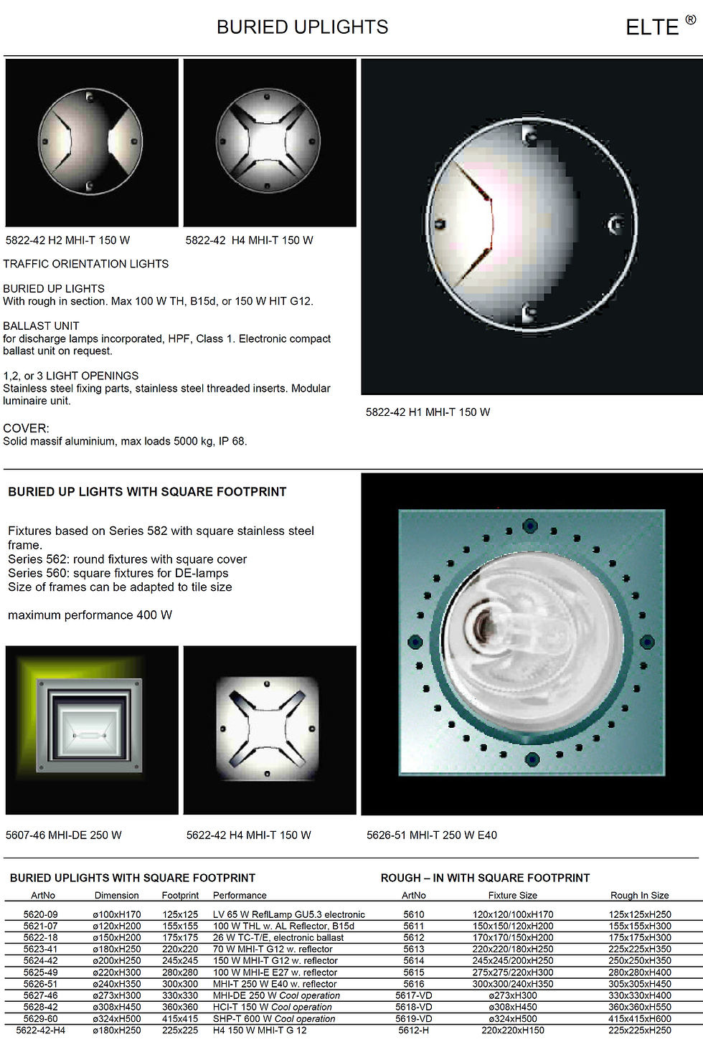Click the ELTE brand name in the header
(652, 27)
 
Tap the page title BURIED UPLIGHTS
(302, 27)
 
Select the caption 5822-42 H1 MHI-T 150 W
(428, 412)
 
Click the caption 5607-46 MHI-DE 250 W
(63, 835)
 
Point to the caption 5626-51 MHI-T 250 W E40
(432, 835)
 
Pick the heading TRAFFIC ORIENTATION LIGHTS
(86, 264)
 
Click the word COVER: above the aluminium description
(26, 428)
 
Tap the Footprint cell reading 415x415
(180, 1019)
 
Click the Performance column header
(240, 895)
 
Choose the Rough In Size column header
(639, 895)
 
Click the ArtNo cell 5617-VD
(414, 995)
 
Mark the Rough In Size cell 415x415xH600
(639, 1019)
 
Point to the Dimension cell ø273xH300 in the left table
(117, 995)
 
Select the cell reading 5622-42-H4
(41, 1030)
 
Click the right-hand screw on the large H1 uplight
(616, 224)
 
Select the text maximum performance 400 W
(90, 615)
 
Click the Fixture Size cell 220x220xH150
(512, 1030)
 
